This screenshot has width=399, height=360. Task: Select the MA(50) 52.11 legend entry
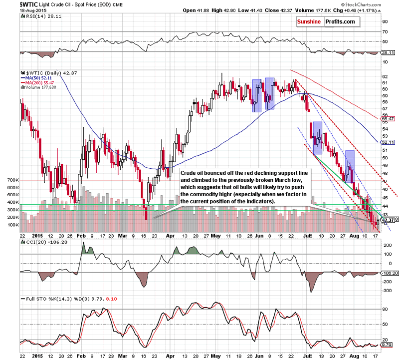(x=38, y=77)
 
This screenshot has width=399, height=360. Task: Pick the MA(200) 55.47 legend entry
(x=39, y=82)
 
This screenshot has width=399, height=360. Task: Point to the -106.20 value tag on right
(x=388, y=274)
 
